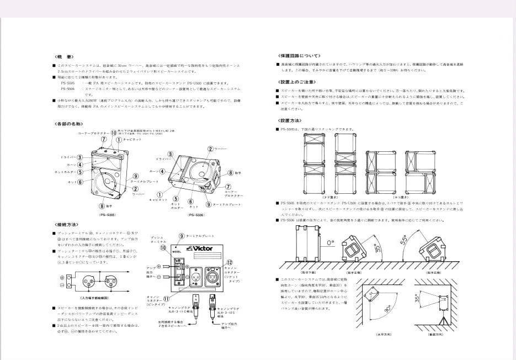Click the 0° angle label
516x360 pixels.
click(x=331, y=242)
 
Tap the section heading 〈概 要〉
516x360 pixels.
click(x=63, y=56)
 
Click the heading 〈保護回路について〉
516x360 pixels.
click(x=298, y=56)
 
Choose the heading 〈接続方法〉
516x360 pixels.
click(x=67, y=225)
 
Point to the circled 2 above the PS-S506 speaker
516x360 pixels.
click(x=210, y=149)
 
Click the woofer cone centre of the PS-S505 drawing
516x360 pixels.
click(x=107, y=181)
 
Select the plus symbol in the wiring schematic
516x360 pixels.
click(x=61, y=277)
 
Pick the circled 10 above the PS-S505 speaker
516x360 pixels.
click(x=114, y=133)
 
